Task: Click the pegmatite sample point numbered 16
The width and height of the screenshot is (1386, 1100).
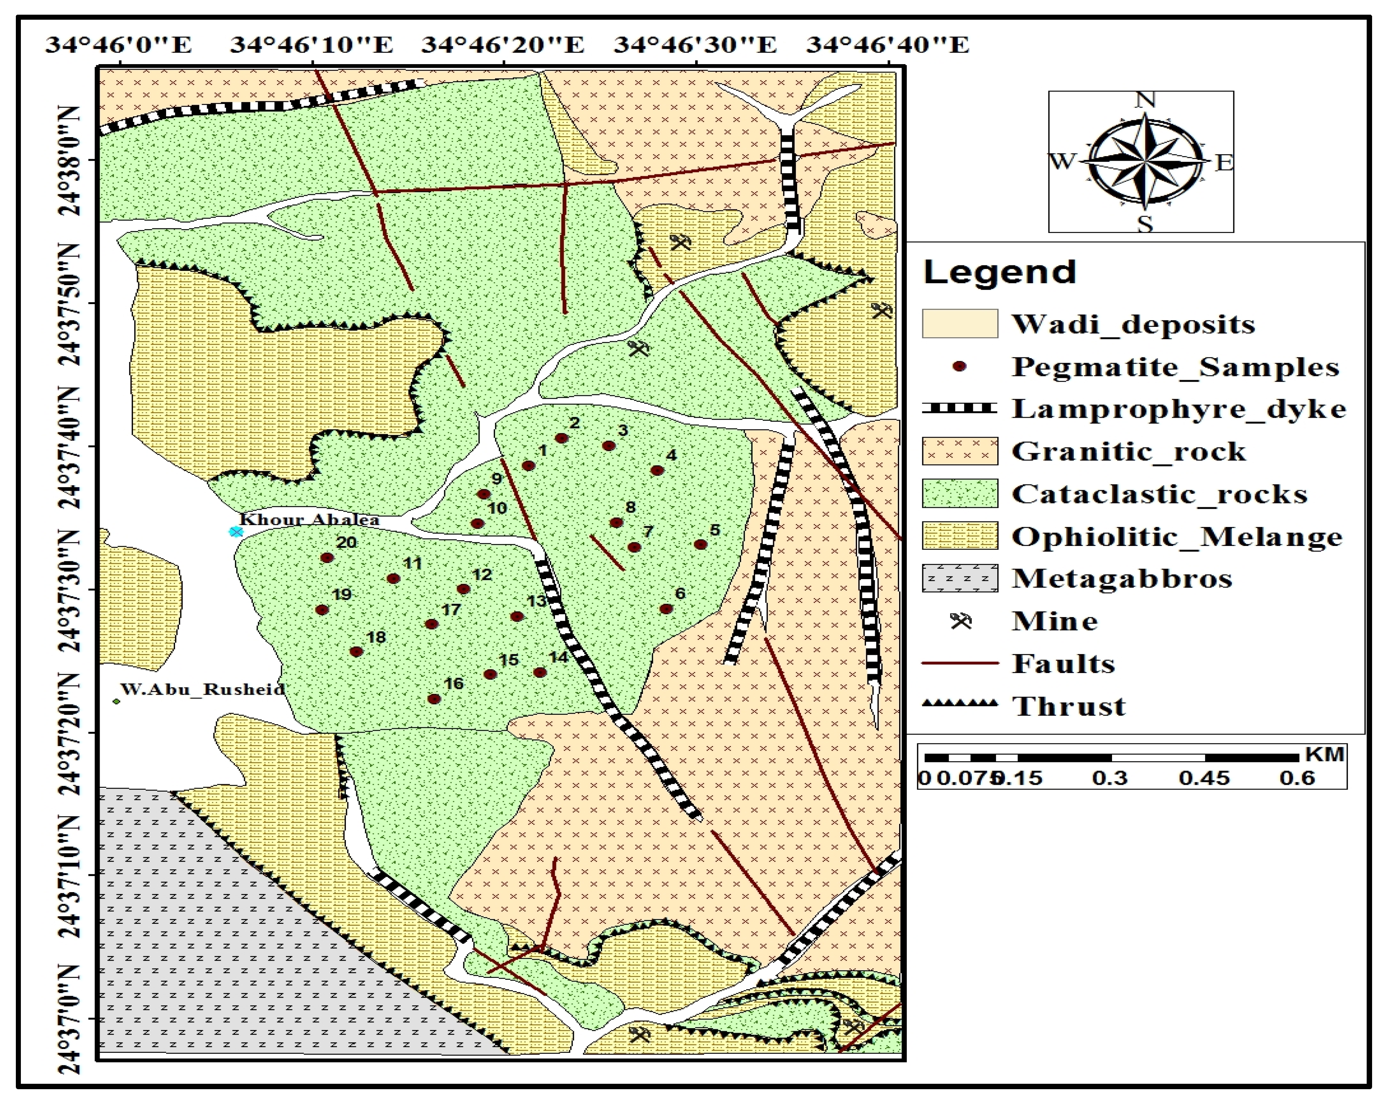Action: tap(434, 699)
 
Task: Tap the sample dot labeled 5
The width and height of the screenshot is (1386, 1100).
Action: tap(701, 544)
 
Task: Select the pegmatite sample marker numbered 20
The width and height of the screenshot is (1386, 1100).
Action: tap(327, 558)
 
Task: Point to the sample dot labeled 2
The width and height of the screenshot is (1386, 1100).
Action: tap(561, 439)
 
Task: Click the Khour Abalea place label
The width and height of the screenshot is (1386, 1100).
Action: tap(309, 519)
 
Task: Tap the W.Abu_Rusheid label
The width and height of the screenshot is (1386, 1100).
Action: tap(202, 689)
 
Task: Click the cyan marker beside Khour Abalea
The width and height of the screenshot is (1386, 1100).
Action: tap(236, 532)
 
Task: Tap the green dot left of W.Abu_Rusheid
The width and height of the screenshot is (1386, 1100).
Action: tap(116, 701)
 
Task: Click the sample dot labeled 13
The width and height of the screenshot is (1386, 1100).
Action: tap(517, 617)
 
